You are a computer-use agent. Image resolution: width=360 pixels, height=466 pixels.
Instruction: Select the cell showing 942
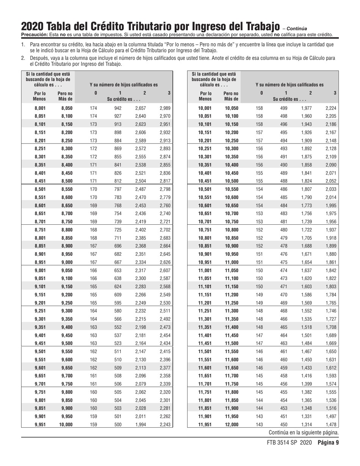point(118,108)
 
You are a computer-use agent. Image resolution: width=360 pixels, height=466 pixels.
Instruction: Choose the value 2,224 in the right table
point(330,108)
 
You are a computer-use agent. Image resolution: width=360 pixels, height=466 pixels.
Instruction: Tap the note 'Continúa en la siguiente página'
point(304,433)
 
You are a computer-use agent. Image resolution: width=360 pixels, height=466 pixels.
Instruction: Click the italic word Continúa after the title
point(297,28)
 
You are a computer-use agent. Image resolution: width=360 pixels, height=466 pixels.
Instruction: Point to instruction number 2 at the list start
point(23,58)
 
